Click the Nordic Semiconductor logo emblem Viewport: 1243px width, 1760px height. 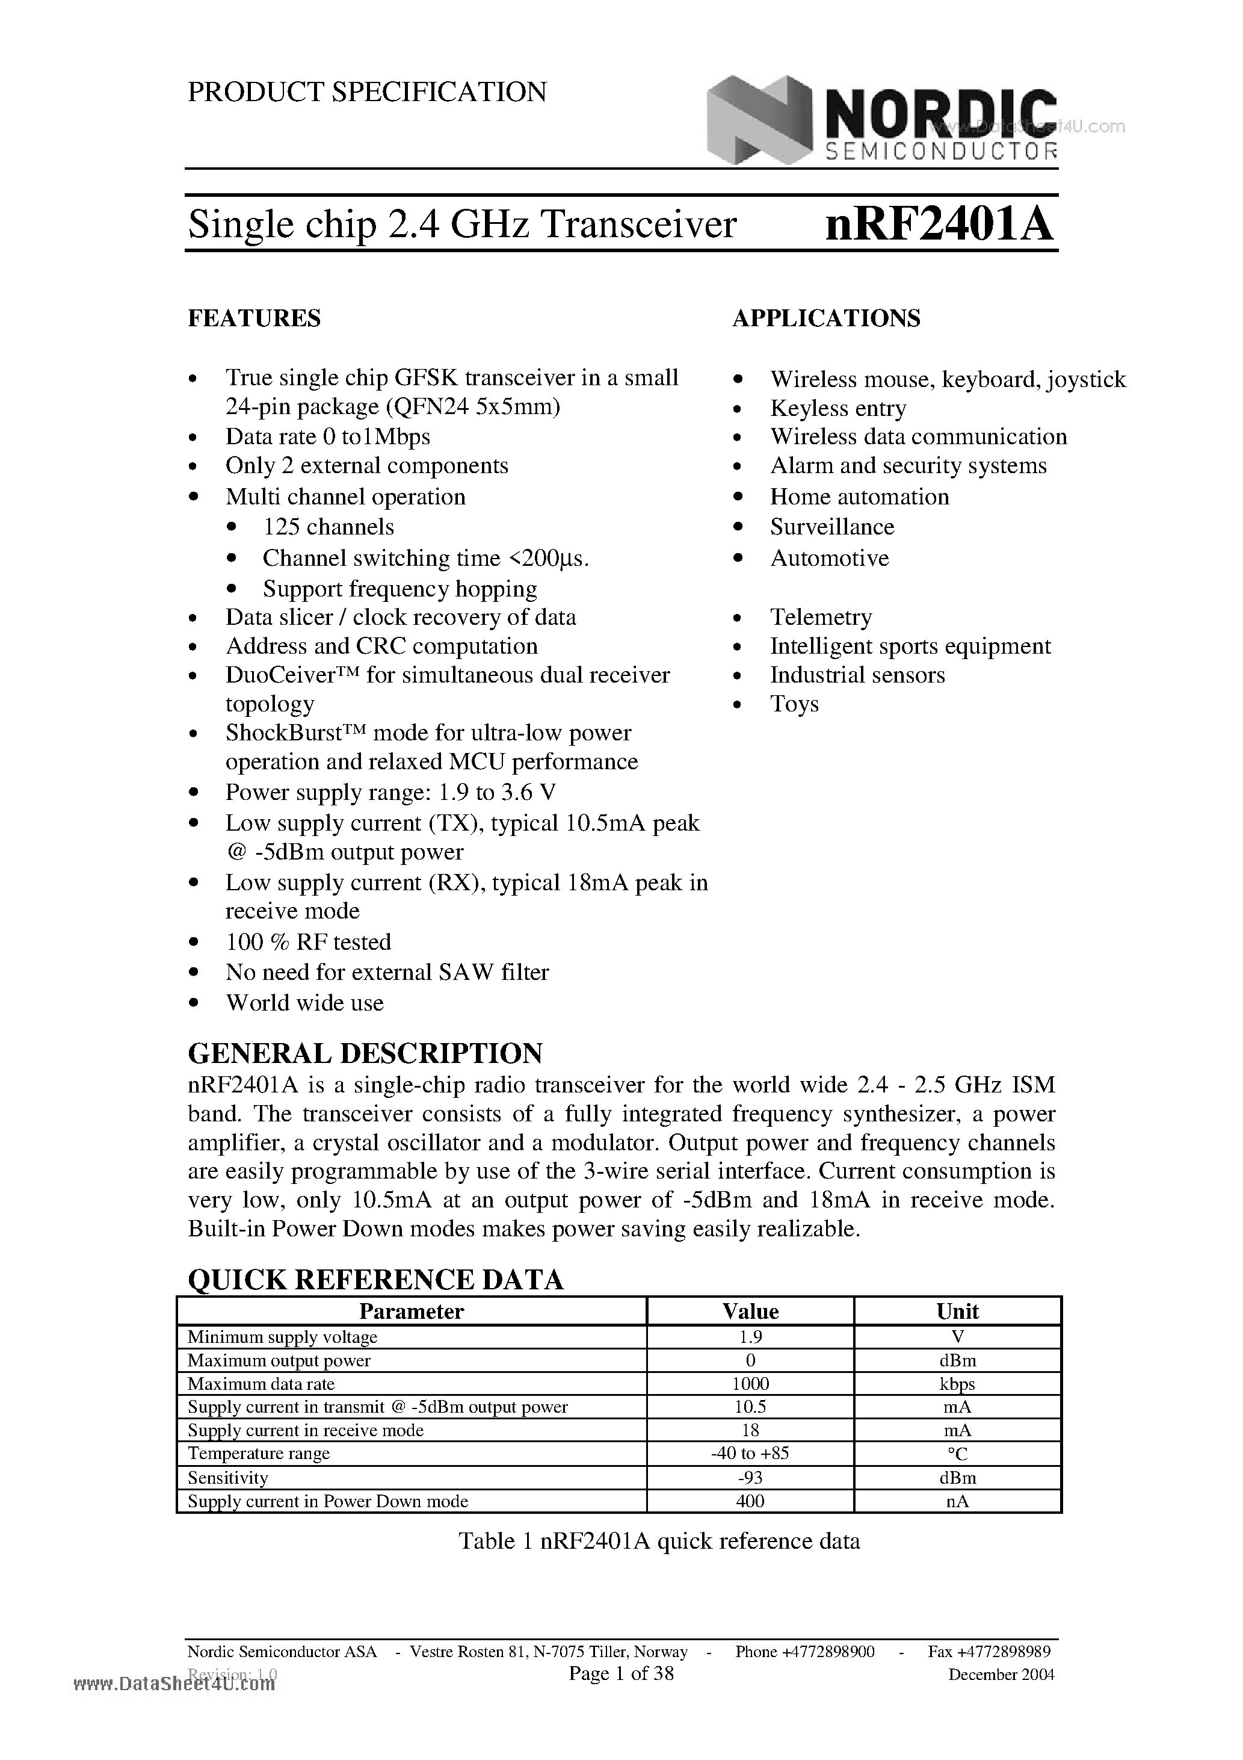coord(759,120)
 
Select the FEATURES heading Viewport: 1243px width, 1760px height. coord(254,318)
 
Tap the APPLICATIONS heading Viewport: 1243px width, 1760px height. coord(826,318)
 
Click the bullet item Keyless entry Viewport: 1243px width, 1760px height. coord(837,409)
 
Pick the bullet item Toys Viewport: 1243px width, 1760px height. coord(794,704)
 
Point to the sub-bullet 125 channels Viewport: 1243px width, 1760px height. coord(328,527)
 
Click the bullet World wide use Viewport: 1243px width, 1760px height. coord(304,1003)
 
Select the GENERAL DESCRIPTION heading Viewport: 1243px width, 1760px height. coord(365,1053)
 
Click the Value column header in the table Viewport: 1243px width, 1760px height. coord(750,1312)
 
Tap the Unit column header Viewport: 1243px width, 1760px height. coord(957,1312)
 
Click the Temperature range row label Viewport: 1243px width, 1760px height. coord(259,1454)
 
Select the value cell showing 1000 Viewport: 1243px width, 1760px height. coord(750,1384)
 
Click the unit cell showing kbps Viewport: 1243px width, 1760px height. coord(957,1384)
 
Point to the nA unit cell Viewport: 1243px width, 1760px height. coord(957,1501)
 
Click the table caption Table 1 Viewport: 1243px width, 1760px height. coord(658,1541)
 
